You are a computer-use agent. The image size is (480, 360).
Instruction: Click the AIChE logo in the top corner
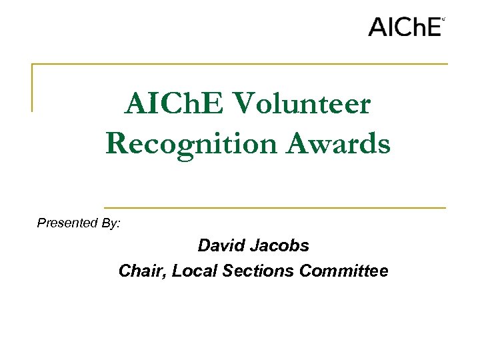point(405,27)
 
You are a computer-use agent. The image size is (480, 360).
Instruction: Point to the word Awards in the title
point(338,143)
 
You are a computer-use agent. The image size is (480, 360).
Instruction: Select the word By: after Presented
point(111,223)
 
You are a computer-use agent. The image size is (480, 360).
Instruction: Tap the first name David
point(223,245)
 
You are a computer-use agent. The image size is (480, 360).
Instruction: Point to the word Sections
point(257,271)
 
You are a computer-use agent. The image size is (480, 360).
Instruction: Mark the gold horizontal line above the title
point(240,64)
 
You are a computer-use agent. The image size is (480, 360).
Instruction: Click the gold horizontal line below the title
point(275,207)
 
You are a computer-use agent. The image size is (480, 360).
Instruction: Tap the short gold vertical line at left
point(32,87)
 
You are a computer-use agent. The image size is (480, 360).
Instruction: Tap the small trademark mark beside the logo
point(443,19)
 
